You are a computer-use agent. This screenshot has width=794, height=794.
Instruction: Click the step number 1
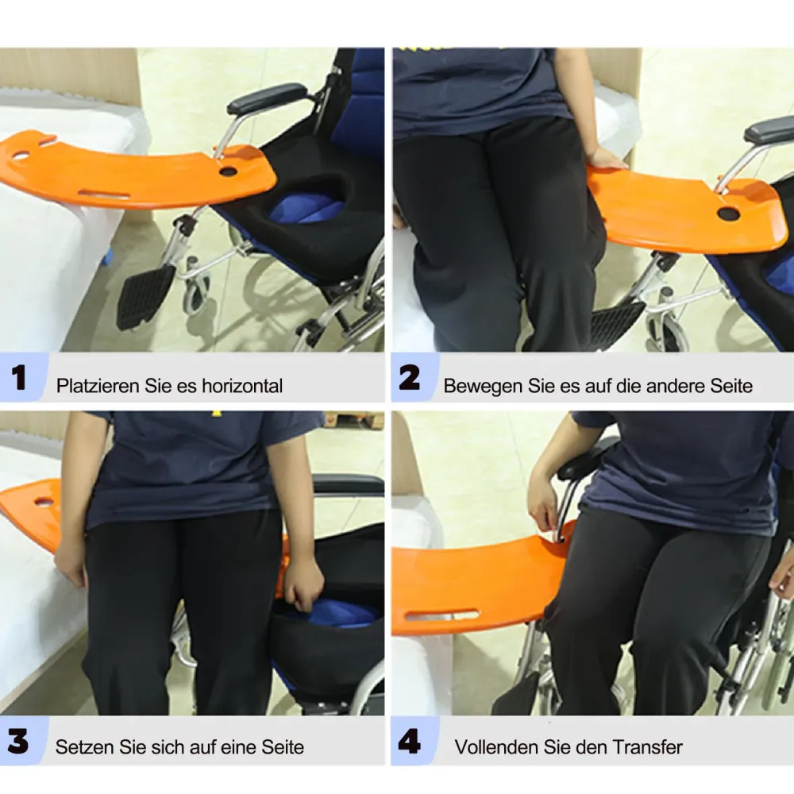[19, 378]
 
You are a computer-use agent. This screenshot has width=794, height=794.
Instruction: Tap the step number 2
[409, 378]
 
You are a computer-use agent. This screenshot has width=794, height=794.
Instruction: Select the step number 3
[17, 742]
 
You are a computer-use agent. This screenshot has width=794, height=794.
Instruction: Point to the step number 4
[409, 742]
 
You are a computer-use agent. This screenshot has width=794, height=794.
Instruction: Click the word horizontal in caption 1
[242, 386]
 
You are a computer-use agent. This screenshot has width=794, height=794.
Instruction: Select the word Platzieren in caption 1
[97, 386]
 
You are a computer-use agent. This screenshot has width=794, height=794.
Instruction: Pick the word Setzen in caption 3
[85, 747]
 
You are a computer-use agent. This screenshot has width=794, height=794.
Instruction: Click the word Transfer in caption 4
[648, 747]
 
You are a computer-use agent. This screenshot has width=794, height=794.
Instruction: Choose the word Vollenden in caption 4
[495, 747]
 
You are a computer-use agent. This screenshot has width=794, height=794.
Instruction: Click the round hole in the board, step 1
[228, 172]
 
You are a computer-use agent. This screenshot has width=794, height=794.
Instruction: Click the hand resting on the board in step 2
[607, 159]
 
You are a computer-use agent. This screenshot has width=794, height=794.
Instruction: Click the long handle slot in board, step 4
[441, 615]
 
